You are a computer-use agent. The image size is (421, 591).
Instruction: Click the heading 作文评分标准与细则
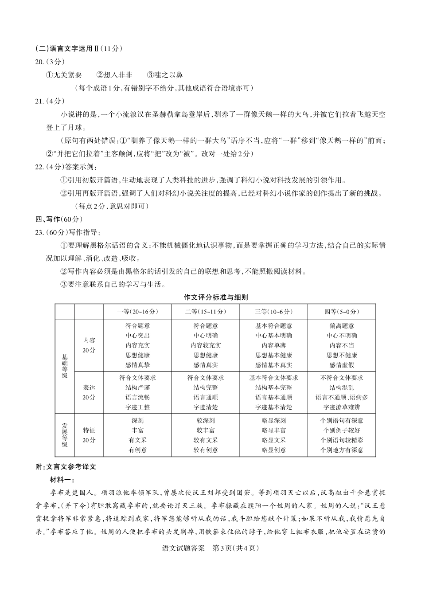(x=215, y=297)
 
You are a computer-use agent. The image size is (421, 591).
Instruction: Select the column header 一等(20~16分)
(x=137, y=312)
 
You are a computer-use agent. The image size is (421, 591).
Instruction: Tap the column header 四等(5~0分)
(x=342, y=312)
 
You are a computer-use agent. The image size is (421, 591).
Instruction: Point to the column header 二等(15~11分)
(x=206, y=312)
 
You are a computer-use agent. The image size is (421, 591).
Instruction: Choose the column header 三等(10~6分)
(x=273, y=312)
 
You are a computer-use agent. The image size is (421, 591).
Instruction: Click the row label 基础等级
(x=65, y=366)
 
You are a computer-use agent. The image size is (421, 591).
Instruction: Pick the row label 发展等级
(x=65, y=434)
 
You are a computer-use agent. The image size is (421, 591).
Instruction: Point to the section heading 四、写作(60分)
(x=59, y=219)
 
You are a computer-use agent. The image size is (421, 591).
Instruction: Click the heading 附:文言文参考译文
(x=66, y=466)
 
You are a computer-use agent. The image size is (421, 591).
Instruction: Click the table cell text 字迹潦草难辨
(x=342, y=407)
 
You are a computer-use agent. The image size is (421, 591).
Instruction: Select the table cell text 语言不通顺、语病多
(x=342, y=397)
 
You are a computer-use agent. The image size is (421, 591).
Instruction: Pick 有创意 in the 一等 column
(x=137, y=450)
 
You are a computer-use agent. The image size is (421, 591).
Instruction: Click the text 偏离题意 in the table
(x=342, y=325)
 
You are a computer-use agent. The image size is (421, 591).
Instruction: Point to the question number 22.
(x=39, y=167)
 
